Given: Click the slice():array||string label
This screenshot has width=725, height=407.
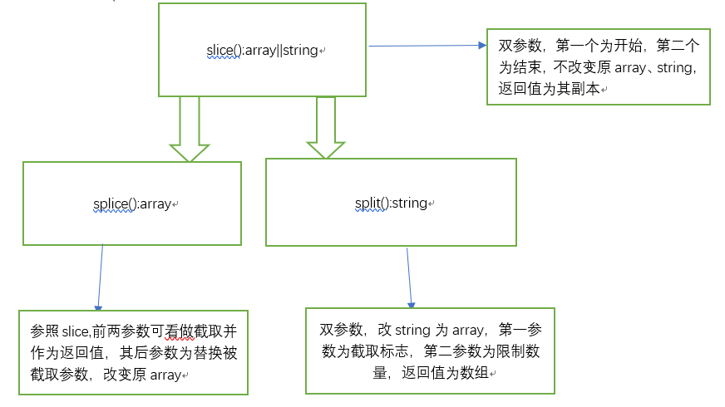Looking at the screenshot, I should tap(262, 50).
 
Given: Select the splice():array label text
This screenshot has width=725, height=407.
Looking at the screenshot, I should tap(131, 203).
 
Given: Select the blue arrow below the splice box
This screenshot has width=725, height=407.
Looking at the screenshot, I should tap(101, 278).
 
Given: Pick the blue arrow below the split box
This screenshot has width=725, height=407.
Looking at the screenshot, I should tap(409, 278).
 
